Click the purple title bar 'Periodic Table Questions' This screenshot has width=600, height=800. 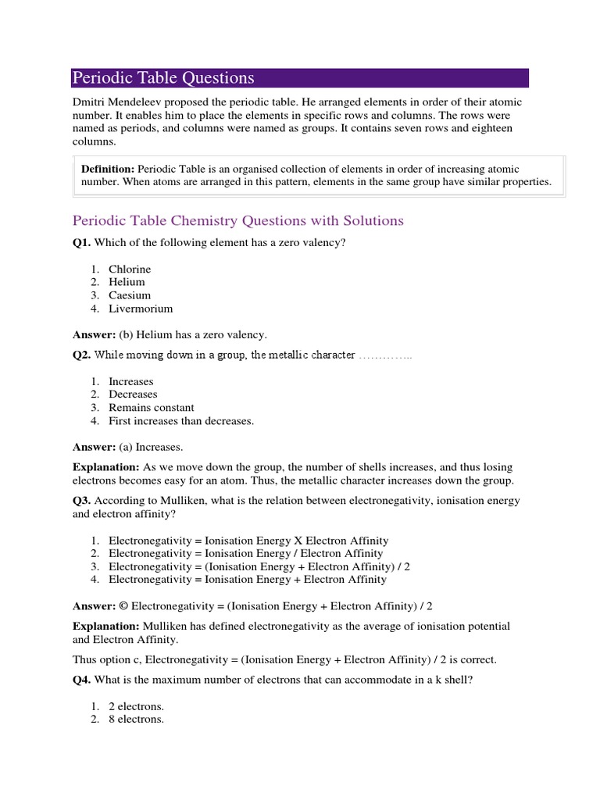(299, 77)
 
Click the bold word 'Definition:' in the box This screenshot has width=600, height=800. (108, 169)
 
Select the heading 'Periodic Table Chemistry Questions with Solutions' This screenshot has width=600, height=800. (237, 220)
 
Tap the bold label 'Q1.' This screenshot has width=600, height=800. (81, 242)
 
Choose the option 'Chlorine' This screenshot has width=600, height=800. (130, 269)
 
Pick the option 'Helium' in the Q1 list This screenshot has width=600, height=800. (127, 282)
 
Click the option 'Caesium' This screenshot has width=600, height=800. (130, 295)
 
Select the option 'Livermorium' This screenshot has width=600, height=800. (141, 309)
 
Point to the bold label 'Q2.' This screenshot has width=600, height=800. (81, 355)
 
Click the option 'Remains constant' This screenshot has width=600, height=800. (152, 408)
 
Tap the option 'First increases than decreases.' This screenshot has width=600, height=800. (181, 421)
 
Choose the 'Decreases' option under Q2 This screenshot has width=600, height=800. (133, 395)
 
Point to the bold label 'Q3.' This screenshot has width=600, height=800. (81, 500)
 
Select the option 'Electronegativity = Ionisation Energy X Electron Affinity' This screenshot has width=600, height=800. (248, 541)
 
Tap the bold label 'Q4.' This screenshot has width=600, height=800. (81, 680)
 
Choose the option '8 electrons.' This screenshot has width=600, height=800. (136, 720)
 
